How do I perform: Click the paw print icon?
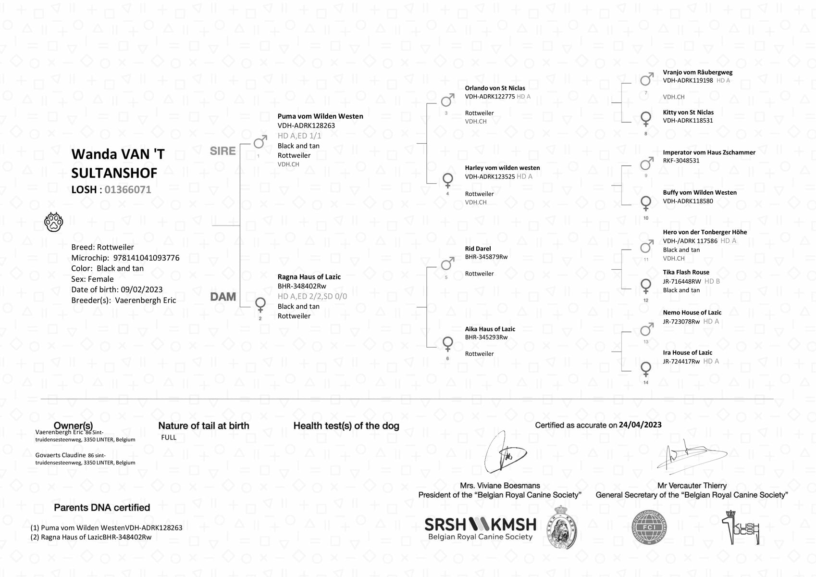pos(54,222)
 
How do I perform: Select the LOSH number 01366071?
pos(128,189)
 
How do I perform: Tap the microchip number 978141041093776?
pos(146,258)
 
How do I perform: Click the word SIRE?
pos(223,151)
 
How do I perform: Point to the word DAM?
pos(223,297)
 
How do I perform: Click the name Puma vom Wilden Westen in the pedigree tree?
pos(320,116)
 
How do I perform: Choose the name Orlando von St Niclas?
pos(495,88)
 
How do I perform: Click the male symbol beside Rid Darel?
pos(447,263)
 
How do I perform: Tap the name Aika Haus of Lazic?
pos(490,329)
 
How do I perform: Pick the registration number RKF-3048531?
pos(681,161)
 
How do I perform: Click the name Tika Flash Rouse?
pos(686,272)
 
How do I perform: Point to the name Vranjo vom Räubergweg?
pos(697,72)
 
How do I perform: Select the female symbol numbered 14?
pos(646,369)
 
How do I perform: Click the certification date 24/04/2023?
pos(640,425)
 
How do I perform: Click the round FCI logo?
pos(649,527)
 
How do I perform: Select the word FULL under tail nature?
pos(169,438)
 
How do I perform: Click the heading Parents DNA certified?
pos(102,508)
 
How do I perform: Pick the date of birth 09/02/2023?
pos(142,289)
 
